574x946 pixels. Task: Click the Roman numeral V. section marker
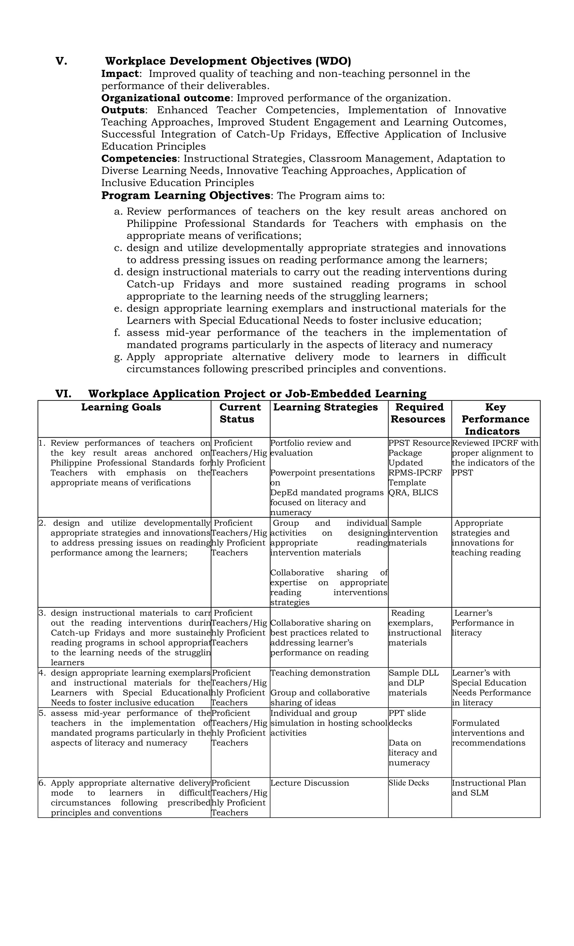(61, 61)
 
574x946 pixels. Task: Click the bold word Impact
(120, 74)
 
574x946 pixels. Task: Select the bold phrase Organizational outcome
(165, 98)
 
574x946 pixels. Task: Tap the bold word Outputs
(123, 110)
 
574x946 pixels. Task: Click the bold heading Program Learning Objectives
(186, 195)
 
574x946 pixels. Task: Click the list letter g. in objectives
(118, 357)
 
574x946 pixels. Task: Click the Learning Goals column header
(121, 407)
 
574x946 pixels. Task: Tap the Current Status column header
(240, 413)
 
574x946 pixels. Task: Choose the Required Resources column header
(419, 413)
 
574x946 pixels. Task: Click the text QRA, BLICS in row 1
(413, 492)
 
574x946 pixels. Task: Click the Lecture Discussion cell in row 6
(310, 783)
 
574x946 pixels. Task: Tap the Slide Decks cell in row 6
(409, 783)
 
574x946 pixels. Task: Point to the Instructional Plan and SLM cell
(489, 788)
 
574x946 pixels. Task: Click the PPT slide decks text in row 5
(407, 718)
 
